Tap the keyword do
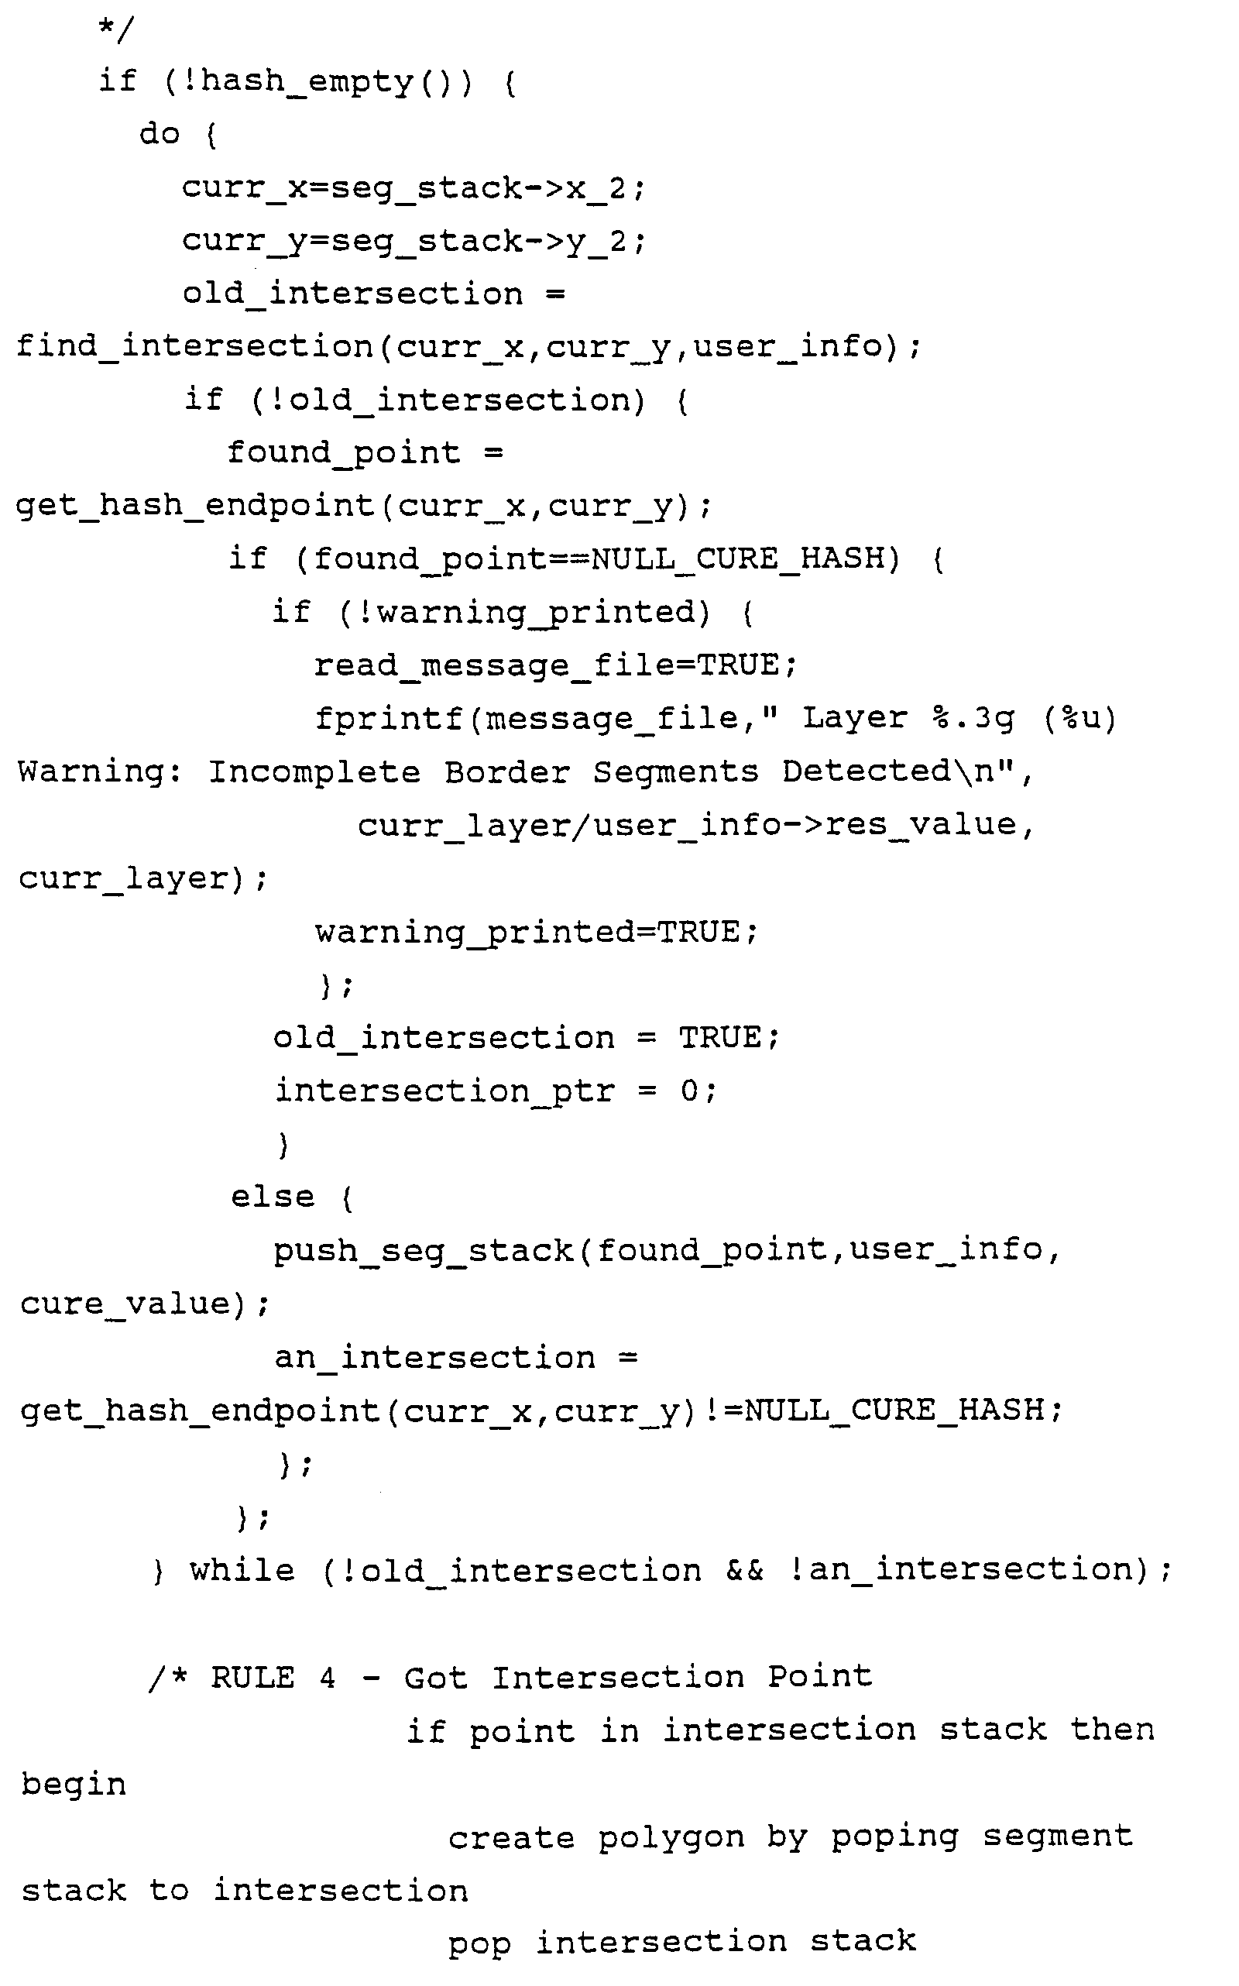coord(159,133)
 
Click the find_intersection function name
coord(194,347)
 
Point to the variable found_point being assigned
coord(343,453)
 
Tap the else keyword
coord(272,1197)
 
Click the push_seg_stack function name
coord(423,1251)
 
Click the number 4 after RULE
coord(327,1678)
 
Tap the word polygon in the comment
coord(671,1837)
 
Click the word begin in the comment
coord(74,1785)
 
